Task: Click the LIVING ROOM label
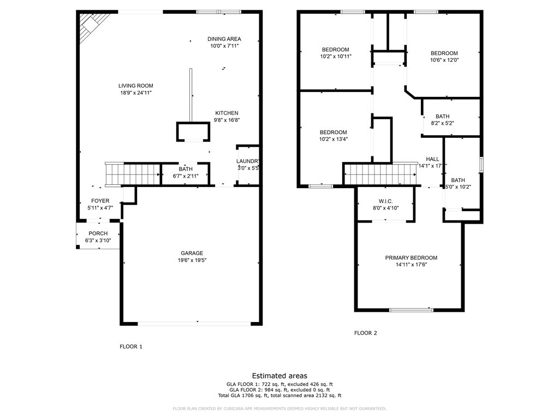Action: (135, 86)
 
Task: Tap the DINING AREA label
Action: (224, 39)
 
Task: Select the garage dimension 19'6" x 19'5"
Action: (192, 260)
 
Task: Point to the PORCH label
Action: (98, 234)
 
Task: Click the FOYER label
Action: (100, 201)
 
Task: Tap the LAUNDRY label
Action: (247, 161)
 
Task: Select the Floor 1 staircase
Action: (132, 174)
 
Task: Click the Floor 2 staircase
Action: (380, 174)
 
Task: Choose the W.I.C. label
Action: (386, 201)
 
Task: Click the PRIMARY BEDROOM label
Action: (411, 258)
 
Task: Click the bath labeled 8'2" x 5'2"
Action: (442, 116)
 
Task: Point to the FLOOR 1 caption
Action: (130, 346)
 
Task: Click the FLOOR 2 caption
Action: (365, 332)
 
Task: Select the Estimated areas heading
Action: (279, 376)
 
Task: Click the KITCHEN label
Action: (226, 113)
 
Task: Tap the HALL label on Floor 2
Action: (432, 159)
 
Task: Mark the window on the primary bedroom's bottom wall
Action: (412, 310)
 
